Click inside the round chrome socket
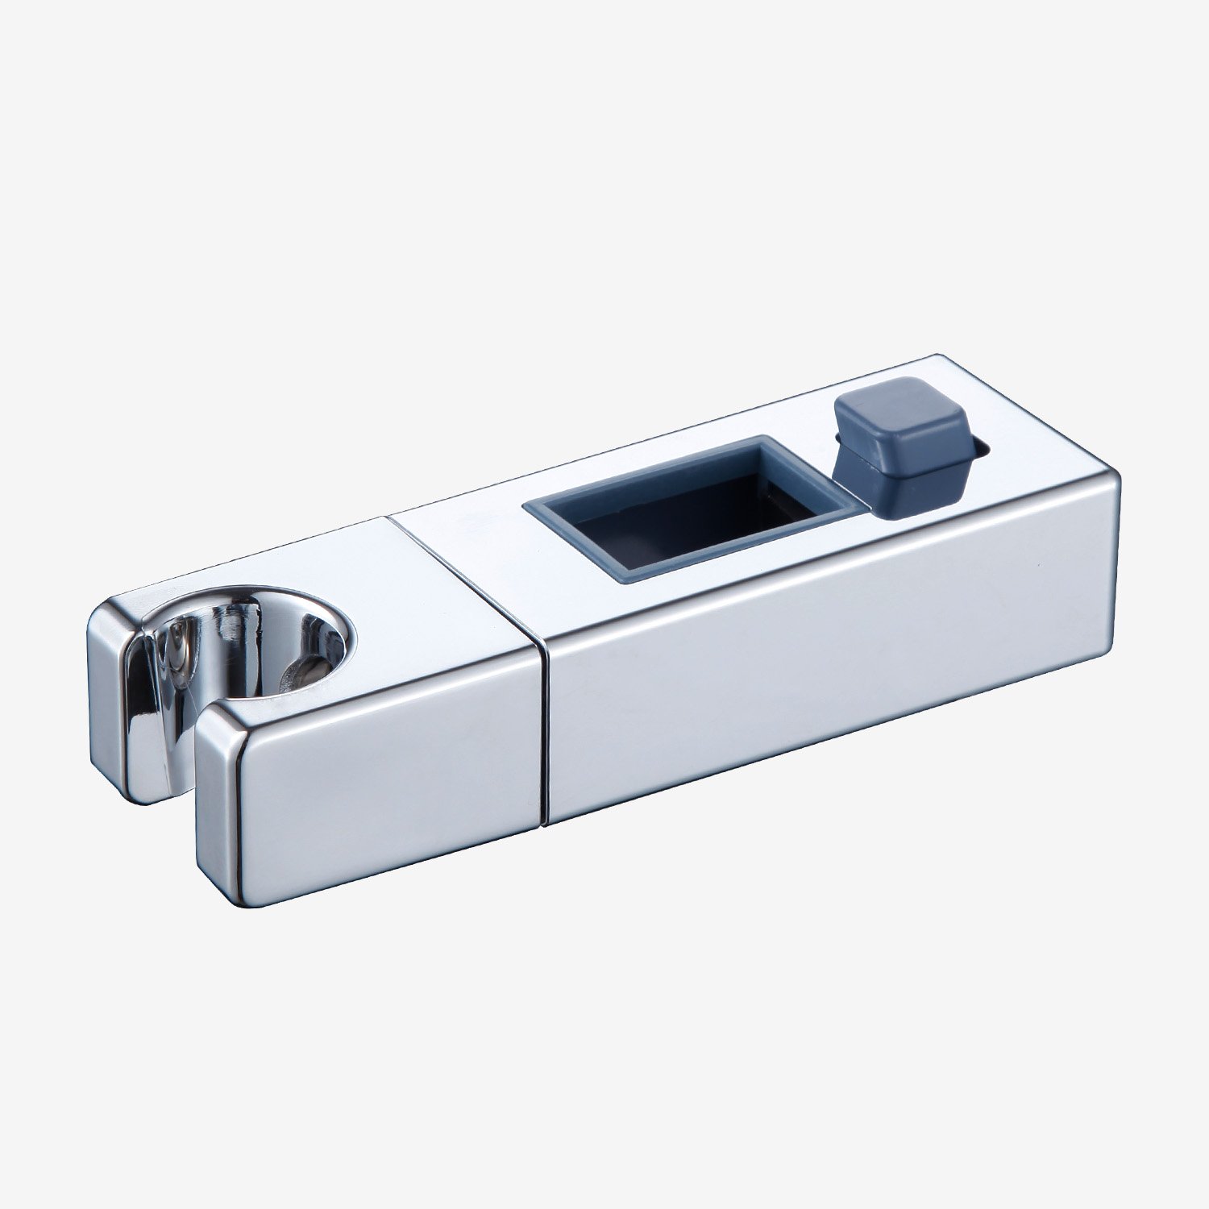click(250, 637)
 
